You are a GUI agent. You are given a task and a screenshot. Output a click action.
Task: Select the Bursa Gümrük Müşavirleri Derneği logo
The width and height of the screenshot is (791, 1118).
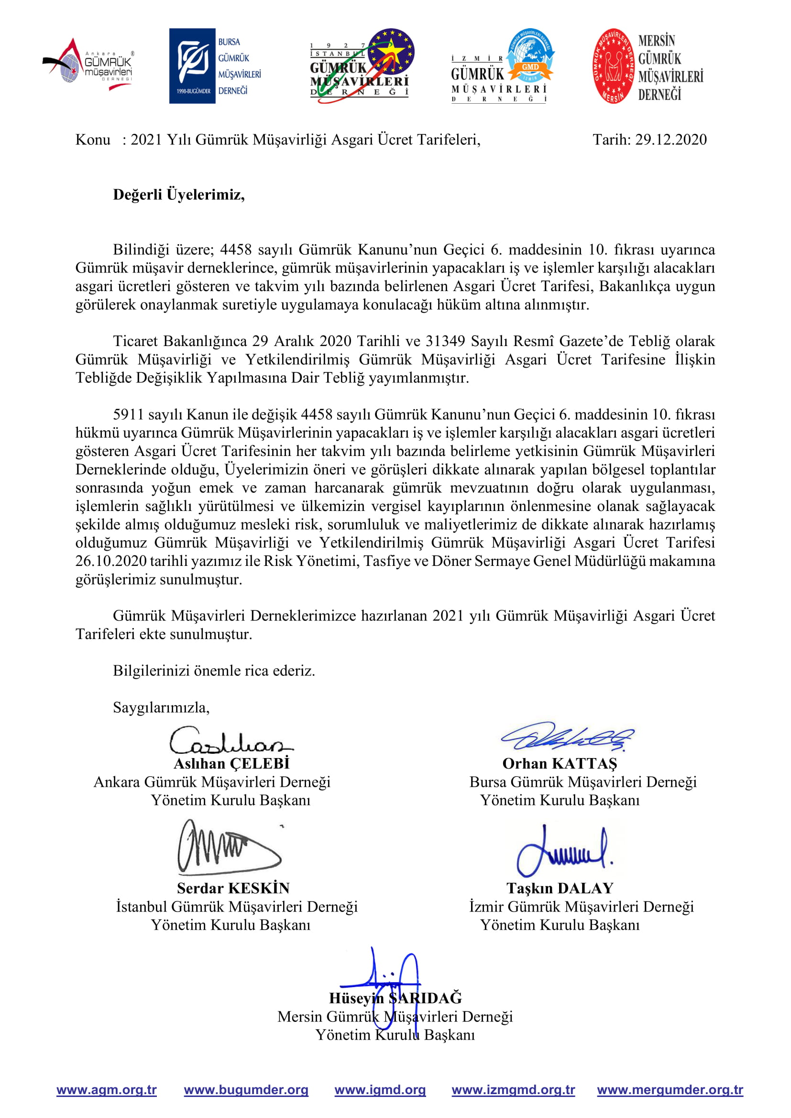tap(215, 66)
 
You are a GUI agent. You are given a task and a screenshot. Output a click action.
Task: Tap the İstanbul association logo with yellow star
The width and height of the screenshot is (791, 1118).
tap(363, 66)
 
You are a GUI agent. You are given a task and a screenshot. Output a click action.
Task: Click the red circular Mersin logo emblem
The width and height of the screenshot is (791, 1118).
tap(613, 66)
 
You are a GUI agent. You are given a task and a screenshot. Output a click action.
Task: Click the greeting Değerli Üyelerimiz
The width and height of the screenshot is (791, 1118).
tap(179, 195)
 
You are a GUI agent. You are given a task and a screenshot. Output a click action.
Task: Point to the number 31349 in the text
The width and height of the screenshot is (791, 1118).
tap(445, 341)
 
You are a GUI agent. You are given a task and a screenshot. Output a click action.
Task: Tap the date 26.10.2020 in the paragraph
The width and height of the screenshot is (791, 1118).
tap(111, 561)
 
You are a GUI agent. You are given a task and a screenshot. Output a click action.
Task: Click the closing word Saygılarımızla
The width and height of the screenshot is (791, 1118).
tap(161, 707)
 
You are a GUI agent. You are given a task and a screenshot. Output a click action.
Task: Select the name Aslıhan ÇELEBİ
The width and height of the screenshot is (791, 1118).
tap(231, 763)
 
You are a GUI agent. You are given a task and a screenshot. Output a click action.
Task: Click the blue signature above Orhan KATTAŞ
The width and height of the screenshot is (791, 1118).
tap(568, 737)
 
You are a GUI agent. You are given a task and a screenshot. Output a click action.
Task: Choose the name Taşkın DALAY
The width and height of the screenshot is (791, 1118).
tap(560, 888)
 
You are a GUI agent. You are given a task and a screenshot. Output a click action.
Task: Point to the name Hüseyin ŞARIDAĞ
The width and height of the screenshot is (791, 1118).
tap(395, 998)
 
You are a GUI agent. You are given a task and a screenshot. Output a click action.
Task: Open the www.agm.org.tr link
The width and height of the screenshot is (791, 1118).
tap(107, 1090)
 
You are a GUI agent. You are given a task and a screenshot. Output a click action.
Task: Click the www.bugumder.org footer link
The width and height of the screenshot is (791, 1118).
tap(246, 1090)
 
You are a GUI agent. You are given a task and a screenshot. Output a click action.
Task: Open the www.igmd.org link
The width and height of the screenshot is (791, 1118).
tap(380, 1090)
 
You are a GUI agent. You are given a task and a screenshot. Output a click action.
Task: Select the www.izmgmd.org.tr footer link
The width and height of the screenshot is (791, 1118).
tap(513, 1090)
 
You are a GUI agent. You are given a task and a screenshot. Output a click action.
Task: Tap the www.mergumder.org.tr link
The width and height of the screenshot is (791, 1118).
tap(670, 1090)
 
